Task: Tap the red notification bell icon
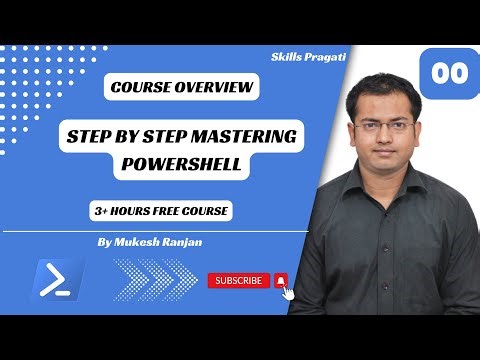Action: [281, 281]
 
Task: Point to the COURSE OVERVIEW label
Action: [182, 89]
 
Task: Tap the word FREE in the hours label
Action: [159, 212]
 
